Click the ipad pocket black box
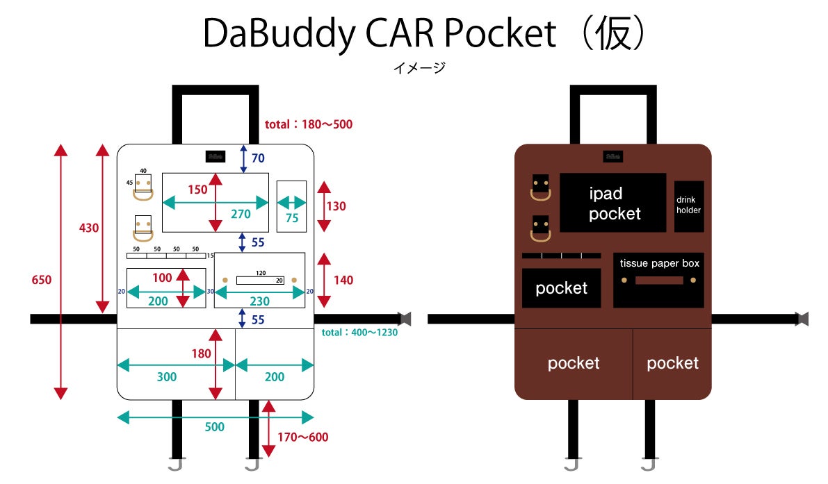click(612, 203)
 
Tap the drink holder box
click(688, 206)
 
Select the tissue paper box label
click(659, 264)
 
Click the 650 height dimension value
click(42, 279)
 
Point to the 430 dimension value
click(89, 228)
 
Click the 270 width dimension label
click(241, 215)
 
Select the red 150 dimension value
click(197, 190)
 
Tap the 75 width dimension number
click(291, 217)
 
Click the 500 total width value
click(215, 427)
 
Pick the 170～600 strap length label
click(302, 437)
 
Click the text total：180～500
click(309, 125)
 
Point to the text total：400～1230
click(359, 333)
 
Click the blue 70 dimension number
click(258, 158)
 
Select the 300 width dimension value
click(167, 377)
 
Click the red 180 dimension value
click(201, 354)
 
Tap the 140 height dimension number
click(343, 281)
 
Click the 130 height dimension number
click(336, 206)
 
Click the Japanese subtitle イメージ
click(419, 68)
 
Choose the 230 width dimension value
click(259, 301)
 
